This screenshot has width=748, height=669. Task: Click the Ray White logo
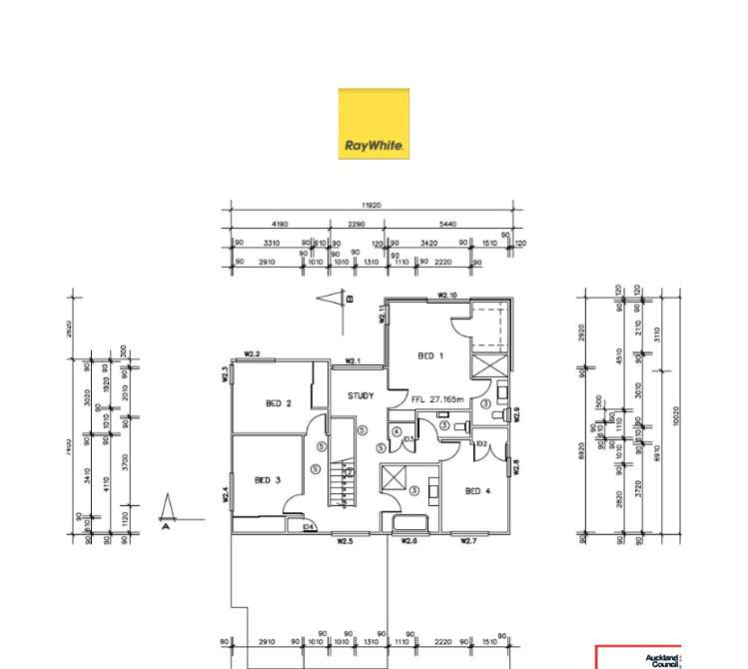pyautogui.click(x=374, y=124)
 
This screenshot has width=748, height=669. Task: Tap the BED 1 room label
pyautogui.click(x=430, y=355)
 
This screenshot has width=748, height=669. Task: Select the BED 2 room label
pyautogui.click(x=278, y=403)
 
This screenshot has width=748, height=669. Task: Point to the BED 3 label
pyautogui.click(x=267, y=480)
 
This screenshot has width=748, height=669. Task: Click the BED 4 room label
pyautogui.click(x=478, y=490)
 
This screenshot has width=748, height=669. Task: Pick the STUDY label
pyautogui.click(x=361, y=395)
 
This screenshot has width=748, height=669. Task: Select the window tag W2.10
pyautogui.click(x=447, y=296)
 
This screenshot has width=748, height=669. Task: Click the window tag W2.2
pyautogui.click(x=252, y=354)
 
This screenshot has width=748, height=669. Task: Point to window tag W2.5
pyautogui.click(x=346, y=541)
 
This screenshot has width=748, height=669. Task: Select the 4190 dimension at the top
pyautogui.click(x=279, y=225)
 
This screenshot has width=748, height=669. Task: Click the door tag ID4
pyautogui.click(x=308, y=526)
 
